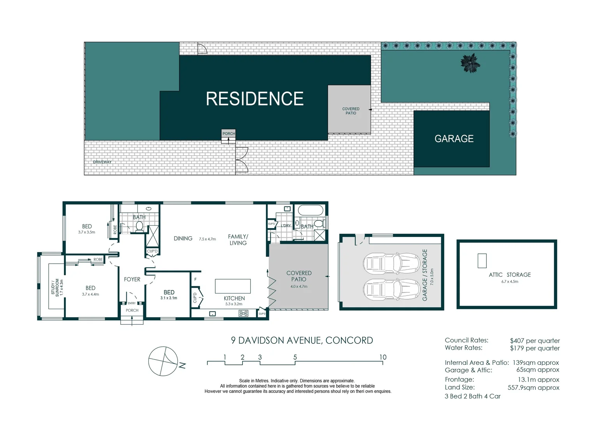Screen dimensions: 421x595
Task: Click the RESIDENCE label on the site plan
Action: coord(255,99)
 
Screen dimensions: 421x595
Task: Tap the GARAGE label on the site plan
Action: coord(454,139)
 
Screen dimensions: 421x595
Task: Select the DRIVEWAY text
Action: coord(102,162)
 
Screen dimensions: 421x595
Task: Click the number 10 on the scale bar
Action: coord(383,357)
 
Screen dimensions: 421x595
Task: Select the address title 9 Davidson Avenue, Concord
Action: coord(302,340)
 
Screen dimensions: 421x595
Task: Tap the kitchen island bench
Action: coord(233,286)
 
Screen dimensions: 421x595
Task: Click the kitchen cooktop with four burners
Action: coord(243,313)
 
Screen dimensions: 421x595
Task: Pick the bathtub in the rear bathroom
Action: coord(310,211)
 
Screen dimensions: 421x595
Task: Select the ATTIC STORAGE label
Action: coord(510,275)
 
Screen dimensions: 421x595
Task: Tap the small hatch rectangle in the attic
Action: coord(482,261)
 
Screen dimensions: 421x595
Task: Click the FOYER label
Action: coord(132,279)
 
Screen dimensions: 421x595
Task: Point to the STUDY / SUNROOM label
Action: coord(55,287)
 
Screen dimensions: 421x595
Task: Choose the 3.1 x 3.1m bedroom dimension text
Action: coord(169,298)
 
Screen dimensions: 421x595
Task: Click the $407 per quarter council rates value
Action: coord(535,341)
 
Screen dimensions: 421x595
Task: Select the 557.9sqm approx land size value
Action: coord(533,387)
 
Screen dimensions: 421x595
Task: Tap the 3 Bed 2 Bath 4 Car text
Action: coord(472,396)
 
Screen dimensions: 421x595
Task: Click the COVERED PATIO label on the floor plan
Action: coord(299,276)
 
